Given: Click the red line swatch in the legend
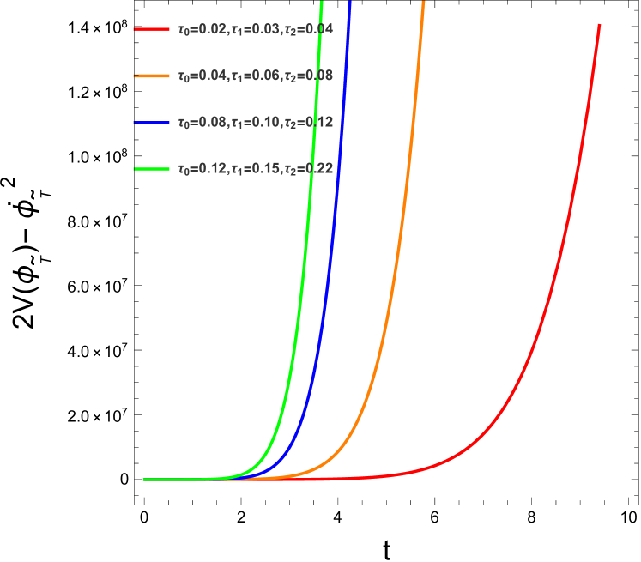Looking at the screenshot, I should click(152, 29).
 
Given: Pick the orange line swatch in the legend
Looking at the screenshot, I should click(152, 76).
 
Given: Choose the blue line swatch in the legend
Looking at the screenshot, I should click(152, 123).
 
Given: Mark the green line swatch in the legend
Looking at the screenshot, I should click(152, 169).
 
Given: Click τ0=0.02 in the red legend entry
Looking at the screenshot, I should click(203, 30).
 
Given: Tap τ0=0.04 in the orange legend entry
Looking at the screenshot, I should click(203, 76).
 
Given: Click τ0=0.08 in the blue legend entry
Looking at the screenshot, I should click(203, 123).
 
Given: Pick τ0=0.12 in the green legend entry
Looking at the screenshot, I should click(203, 169).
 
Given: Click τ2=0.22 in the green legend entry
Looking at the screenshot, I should click(308, 169).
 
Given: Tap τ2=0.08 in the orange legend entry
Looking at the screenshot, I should click(308, 76).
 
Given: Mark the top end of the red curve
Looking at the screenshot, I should click(599, 25).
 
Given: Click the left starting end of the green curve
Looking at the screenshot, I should click(144, 480).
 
